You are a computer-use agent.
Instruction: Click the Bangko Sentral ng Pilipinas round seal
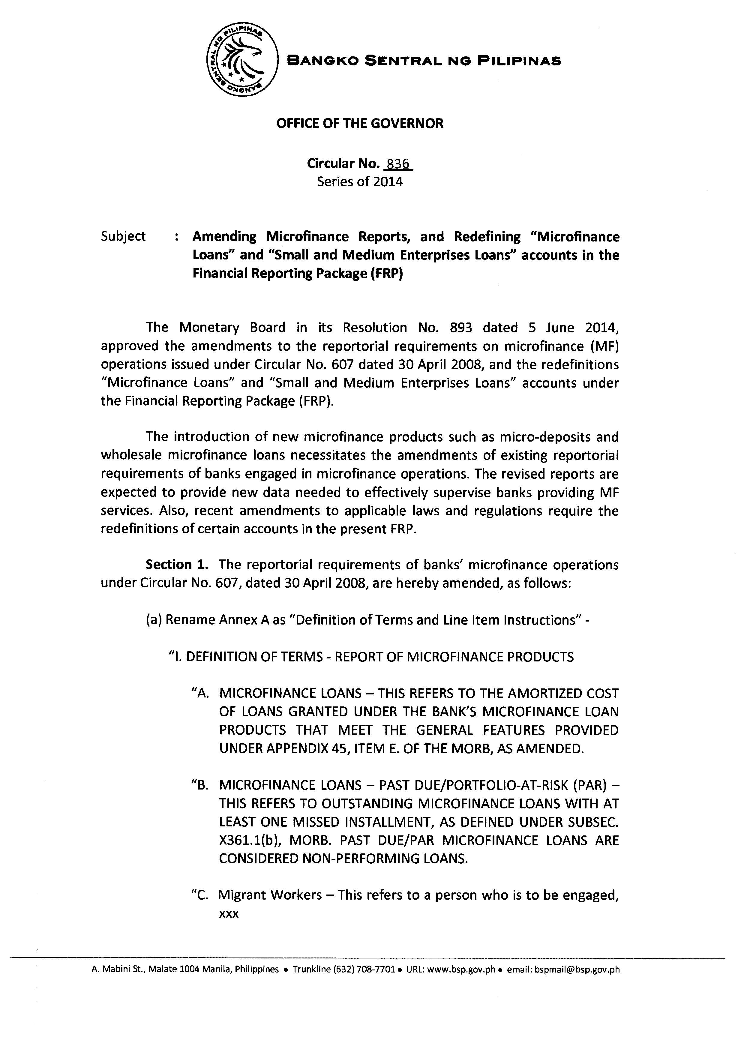tap(242, 60)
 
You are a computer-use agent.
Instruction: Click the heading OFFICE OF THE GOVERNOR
tap(360, 123)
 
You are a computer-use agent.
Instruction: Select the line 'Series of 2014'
tap(360, 182)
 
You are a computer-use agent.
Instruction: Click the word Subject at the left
tap(123, 236)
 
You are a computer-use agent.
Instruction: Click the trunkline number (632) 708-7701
tap(364, 970)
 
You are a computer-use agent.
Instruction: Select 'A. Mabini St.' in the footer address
tap(114, 970)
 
